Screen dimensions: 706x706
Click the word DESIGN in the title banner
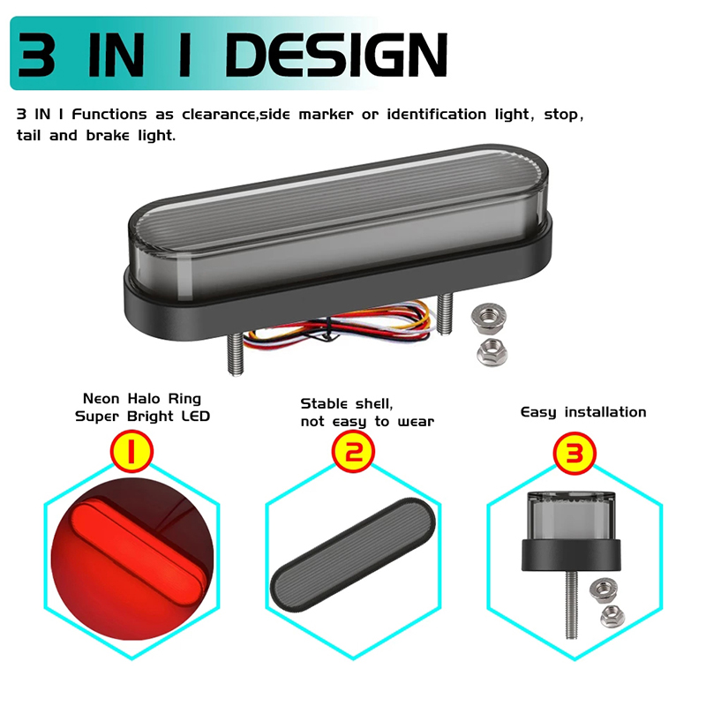(336, 55)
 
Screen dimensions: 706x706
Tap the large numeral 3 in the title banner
(36, 55)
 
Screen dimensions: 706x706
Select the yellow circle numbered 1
(131, 452)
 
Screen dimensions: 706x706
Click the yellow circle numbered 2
(353, 452)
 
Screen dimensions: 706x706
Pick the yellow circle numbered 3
(575, 453)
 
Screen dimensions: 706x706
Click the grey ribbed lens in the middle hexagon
(353, 555)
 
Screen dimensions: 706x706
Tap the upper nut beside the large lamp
(489, 318)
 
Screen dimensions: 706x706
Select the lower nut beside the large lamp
(492, 352)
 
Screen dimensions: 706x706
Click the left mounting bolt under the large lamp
(236, 355)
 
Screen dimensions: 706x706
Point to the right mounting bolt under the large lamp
(445, 313)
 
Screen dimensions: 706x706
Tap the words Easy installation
(583, 412)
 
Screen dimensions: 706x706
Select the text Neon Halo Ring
(142, 399)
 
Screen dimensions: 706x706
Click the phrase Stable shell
(346, 404)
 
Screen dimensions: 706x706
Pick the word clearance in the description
(218, 115)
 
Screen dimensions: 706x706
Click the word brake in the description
(108, 135)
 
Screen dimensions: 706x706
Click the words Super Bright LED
(142, 417)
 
